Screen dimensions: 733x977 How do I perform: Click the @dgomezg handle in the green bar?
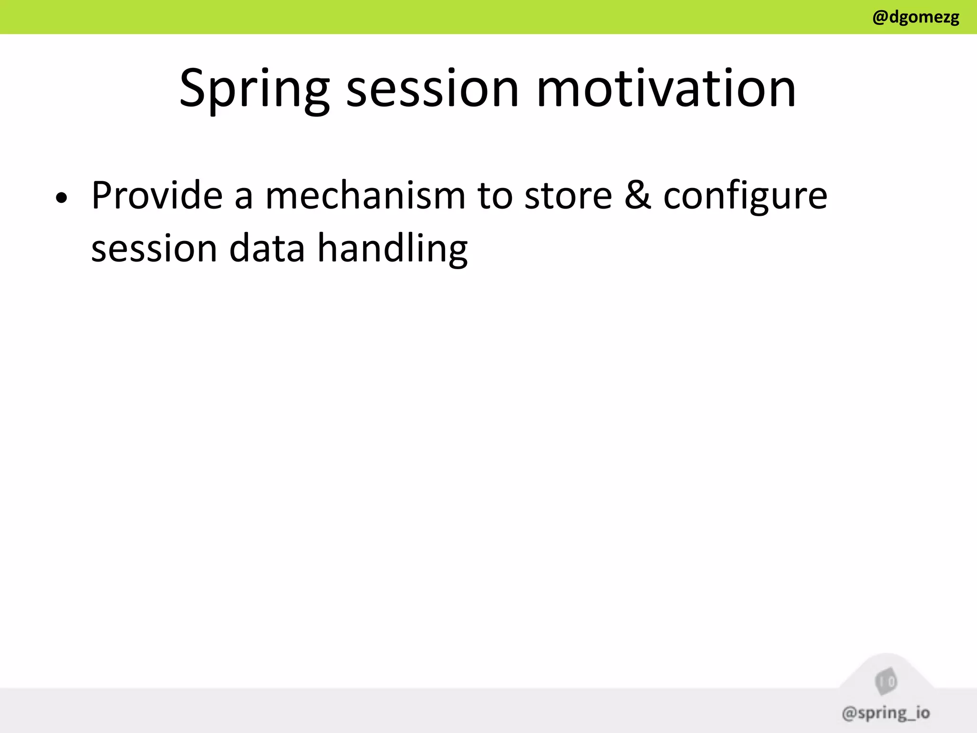(915, 18)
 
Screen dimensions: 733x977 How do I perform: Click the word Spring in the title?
(254, 89)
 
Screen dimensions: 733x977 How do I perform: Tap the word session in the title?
(432, 89)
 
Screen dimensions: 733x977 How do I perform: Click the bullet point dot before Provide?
(61, 198)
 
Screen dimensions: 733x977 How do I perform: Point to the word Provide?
(157, 195)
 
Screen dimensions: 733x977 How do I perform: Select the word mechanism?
(365, 195)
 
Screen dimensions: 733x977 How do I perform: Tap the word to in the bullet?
(495, 196)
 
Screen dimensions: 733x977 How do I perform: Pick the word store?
(568, 196)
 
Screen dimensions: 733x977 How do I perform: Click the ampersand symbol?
(638, 195)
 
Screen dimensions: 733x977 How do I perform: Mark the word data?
(267, 248)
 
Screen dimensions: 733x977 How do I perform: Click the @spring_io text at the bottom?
(885, 713)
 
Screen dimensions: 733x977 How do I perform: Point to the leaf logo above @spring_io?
(886, 681)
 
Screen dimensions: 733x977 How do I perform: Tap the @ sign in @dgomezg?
(880, 18)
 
